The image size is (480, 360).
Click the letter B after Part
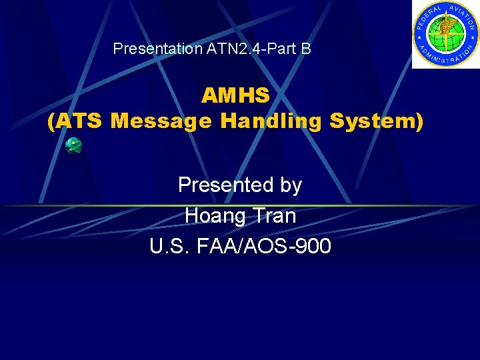pos(305,49)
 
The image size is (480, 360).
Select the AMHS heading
pos(235,96)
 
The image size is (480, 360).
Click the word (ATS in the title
pos(76,121)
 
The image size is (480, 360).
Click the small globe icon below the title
pos(74,145)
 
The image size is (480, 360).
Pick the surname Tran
pos(274,215)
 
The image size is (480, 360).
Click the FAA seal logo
pos(445,34)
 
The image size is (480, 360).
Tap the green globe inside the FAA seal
pos(445,33)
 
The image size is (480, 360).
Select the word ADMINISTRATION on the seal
pos(445,57)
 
